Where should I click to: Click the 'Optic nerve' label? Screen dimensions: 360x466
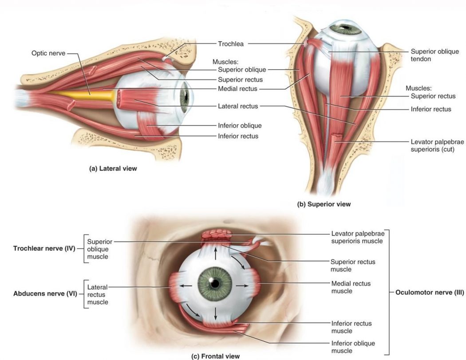[48, 53]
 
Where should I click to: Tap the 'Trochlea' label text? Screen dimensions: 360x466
[231, 44]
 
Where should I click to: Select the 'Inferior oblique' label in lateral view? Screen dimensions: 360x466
[240, 125]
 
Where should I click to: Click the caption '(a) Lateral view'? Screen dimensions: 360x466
[113, 168]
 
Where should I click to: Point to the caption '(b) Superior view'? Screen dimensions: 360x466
[324, 204]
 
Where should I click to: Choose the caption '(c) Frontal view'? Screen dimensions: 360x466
[215, 356]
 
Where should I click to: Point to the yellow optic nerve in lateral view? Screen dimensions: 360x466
[89, 94]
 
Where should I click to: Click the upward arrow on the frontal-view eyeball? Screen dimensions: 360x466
[216, 254]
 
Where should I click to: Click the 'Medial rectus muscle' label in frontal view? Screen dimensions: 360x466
[351, 287]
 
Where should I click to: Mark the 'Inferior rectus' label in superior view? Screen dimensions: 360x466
[431, 109]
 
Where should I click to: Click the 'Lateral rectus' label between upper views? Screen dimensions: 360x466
[238, 106]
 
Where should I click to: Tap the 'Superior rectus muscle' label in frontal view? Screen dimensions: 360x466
[352, 266]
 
